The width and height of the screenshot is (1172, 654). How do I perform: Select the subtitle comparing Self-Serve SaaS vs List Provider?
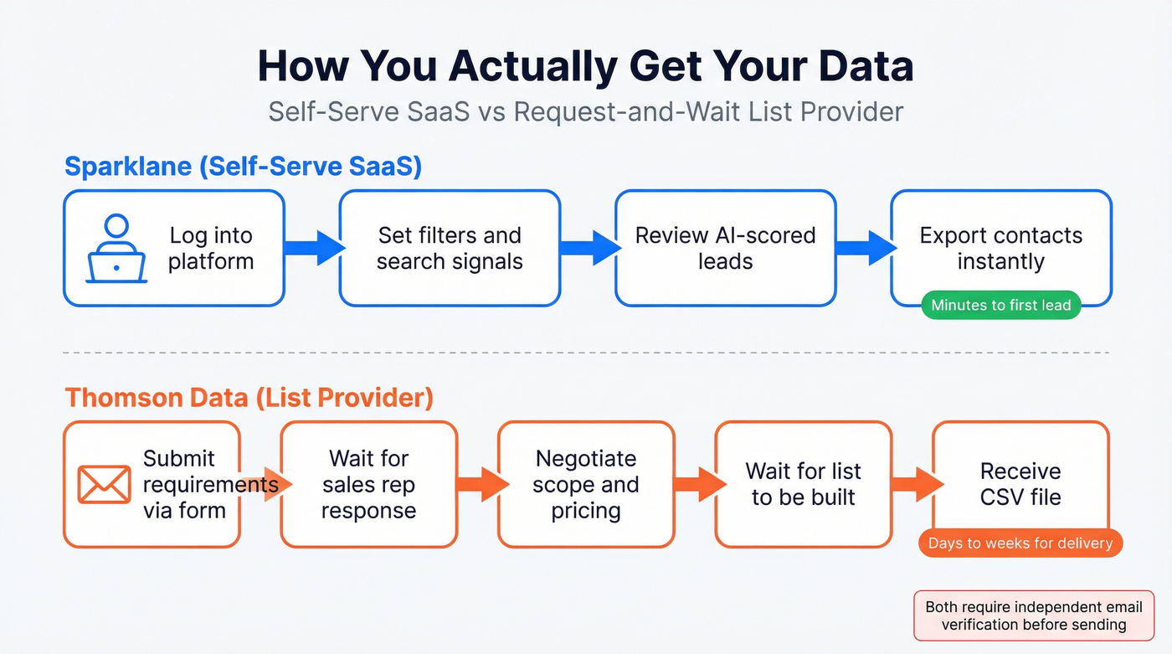point(585,111)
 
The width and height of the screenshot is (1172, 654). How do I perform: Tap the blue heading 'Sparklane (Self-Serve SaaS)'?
point(243,167)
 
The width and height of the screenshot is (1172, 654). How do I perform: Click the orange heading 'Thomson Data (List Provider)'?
point(249,397)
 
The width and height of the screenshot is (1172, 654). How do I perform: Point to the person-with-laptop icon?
point(117,249)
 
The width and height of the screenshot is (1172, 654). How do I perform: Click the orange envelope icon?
point(104,484)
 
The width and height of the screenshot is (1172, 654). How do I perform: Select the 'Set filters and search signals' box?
point(450,248)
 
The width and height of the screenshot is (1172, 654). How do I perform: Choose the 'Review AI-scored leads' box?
point(725,248)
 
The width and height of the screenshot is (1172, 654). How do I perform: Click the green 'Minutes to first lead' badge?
point(1000,305)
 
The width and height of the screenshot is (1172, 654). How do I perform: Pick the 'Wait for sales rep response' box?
point(368,484)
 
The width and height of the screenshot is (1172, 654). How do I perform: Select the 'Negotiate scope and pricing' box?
point(586,484)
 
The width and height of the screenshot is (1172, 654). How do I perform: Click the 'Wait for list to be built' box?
point(803,484)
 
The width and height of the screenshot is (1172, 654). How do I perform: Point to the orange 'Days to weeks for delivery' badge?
point(1020,543)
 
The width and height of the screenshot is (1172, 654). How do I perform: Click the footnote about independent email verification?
point(1033,615)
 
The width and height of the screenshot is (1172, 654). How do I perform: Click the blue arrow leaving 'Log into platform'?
point(314,248)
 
